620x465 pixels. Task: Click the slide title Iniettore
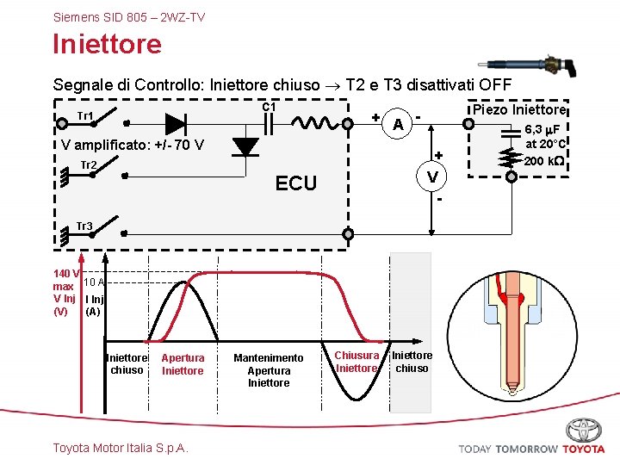coord(107,43)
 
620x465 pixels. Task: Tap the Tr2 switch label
coord(88,164)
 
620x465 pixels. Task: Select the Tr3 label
coord(84,226)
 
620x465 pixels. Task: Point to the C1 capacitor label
coord(269,107)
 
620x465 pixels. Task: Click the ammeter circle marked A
coord(397,124)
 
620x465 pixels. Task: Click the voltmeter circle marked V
coord(432,177)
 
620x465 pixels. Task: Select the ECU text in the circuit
coord(295,183)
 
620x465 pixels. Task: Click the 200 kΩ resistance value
coord(544,161)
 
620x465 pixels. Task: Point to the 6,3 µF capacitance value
coord(543,129)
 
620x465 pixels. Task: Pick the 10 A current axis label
coord(95,282)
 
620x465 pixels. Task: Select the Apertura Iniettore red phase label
coord(183,364)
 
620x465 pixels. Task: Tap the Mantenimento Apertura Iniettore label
coord(269,370)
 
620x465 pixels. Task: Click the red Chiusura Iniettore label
coord(356,362)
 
